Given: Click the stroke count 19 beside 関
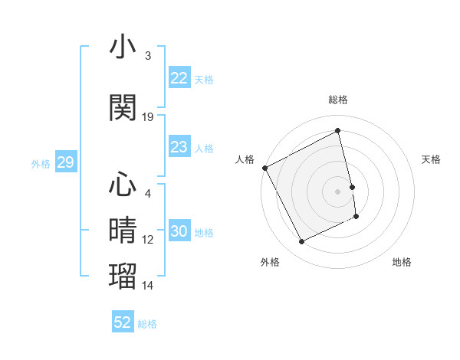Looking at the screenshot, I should coord(148,117).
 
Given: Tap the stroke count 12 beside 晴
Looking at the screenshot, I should coord(148,239).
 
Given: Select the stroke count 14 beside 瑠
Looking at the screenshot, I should coord(148,285).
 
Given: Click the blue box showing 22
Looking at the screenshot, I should coord(179,78).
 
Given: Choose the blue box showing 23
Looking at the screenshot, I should coord(179,147).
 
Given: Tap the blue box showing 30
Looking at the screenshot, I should coord(179,231).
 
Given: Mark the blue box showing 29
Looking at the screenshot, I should coord(65,162).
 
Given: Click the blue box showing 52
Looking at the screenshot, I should coord(123,322).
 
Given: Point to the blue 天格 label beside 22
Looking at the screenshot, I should coord(204,79).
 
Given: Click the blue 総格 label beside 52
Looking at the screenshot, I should coord(147,324).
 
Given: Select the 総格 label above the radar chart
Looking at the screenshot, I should coord(338,100).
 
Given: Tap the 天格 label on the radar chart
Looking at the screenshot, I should coord(431,159).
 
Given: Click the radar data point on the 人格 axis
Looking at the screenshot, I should coord(264,168).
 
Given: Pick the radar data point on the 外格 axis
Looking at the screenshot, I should coord(301,242).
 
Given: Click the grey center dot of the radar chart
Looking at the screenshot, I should coord(338,191).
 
